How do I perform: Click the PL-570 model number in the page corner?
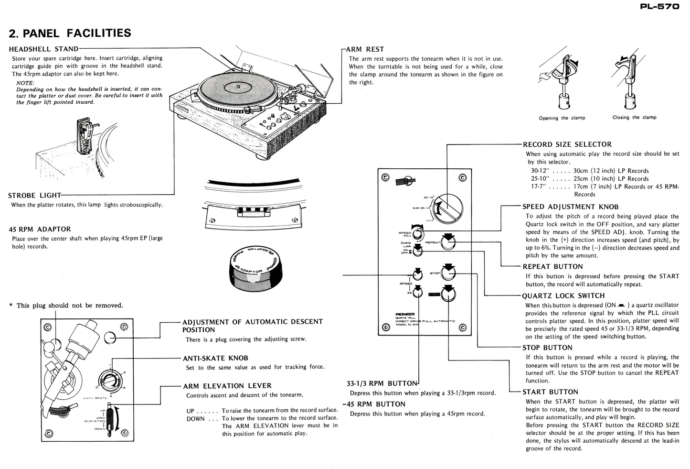point(659,7)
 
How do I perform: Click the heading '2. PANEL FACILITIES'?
point(70,33)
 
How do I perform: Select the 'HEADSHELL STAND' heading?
point(43,48)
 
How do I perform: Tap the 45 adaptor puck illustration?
point(255,268)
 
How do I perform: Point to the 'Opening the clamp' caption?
point(562,118)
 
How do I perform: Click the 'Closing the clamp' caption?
point(634,117)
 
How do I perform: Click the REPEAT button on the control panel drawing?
point(448,242)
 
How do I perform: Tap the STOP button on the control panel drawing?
point(448,273)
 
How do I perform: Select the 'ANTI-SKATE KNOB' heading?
point(215,358)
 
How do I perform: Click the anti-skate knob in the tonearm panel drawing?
point(109,381)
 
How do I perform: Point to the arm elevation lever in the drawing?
point(111,418)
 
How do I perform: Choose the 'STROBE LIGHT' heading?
point(34,195)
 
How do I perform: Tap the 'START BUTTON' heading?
point(550,392)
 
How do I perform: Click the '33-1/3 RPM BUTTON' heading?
point(382,383)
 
